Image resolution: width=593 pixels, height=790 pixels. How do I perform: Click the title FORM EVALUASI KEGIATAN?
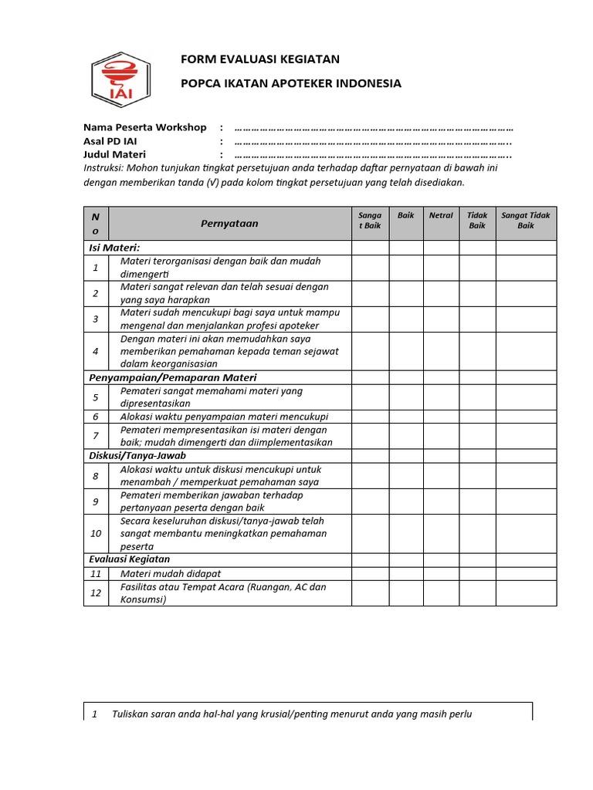(259, 59)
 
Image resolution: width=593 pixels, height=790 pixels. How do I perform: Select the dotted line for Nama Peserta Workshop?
(374, 127)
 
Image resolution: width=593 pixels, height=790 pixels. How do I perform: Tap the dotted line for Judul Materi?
(374, 154)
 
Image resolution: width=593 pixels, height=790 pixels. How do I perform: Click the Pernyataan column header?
(229, 224)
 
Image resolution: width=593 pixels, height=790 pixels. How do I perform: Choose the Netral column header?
(441, 215)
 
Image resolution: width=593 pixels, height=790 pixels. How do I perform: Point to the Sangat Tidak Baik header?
(526, 221)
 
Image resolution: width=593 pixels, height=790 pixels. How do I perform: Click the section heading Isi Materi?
(114, 248)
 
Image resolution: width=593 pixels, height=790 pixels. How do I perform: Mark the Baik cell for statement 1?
(406, 268)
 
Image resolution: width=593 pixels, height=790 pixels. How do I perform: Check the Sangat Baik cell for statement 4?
(371, 351)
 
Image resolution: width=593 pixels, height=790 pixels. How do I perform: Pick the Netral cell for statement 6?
(441, 417)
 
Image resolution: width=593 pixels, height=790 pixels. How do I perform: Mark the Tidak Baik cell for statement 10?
(477, 533)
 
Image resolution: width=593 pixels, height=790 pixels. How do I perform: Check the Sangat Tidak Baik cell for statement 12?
(526, 593)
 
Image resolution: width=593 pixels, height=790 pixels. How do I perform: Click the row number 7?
(96, 436)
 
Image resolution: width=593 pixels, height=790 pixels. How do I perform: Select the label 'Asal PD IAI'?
(110, 141)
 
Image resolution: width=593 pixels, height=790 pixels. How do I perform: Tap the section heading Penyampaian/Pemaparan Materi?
(173, 377)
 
